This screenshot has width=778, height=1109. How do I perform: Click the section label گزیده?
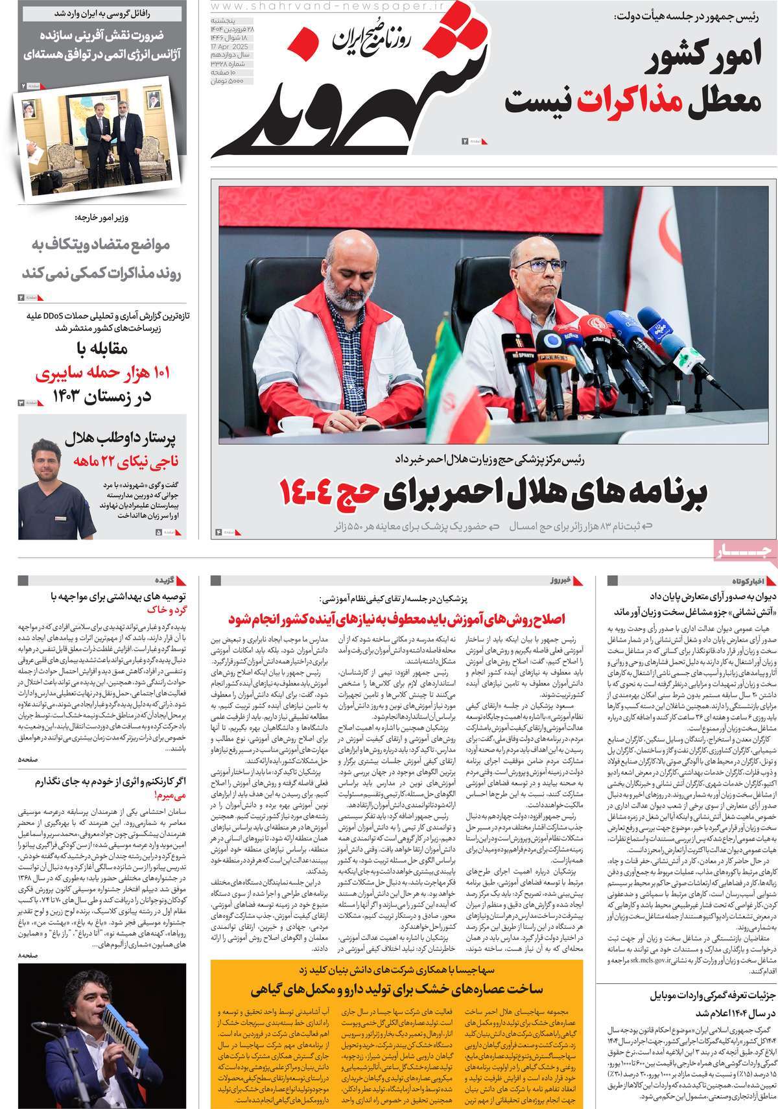162,579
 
